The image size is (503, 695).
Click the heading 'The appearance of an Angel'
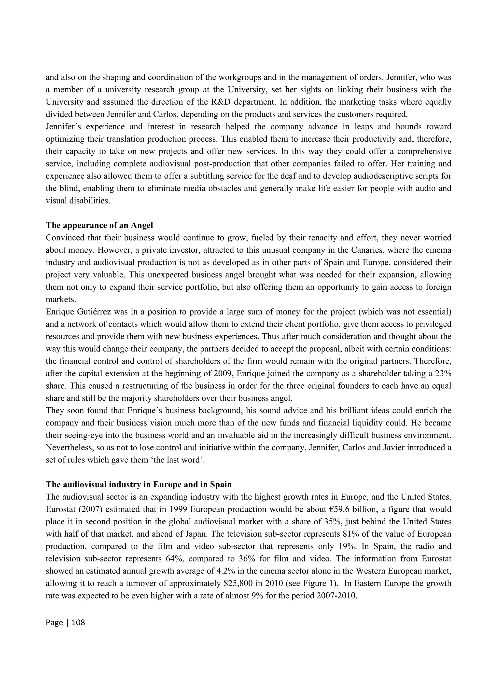click(x=99, y=225)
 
